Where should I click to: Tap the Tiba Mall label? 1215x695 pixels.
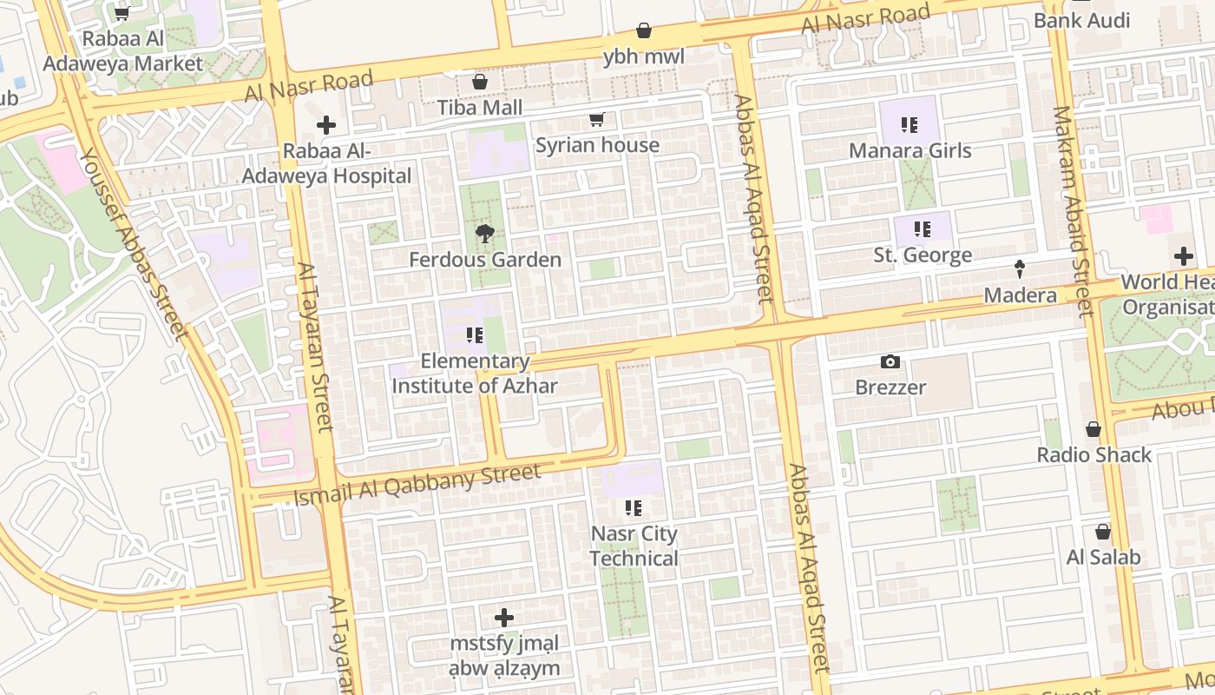pos(480,108)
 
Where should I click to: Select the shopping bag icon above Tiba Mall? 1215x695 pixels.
pos(479,82)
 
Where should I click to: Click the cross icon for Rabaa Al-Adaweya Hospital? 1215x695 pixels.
pos(326,125)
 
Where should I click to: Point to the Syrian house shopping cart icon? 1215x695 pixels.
pos(596,120)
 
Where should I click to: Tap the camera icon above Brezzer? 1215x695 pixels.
pos(890,361)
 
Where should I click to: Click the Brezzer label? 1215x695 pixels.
pos(890,387)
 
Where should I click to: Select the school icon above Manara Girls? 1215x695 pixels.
pos(909,125)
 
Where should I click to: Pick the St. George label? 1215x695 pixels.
pos(922,255)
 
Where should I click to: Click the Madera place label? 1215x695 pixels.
pos(1020,295)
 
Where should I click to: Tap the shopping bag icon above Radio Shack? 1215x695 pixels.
pos(1093,429)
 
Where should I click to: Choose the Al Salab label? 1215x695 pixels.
pos(1102,557)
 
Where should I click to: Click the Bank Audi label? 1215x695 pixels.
pos(1081,20)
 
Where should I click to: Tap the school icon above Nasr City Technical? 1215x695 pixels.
pos(634,507)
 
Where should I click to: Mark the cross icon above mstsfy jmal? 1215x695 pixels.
pos(503,618)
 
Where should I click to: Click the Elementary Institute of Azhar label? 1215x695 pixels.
pos(475,374)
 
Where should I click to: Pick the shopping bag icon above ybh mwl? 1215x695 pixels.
pos(644,31)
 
